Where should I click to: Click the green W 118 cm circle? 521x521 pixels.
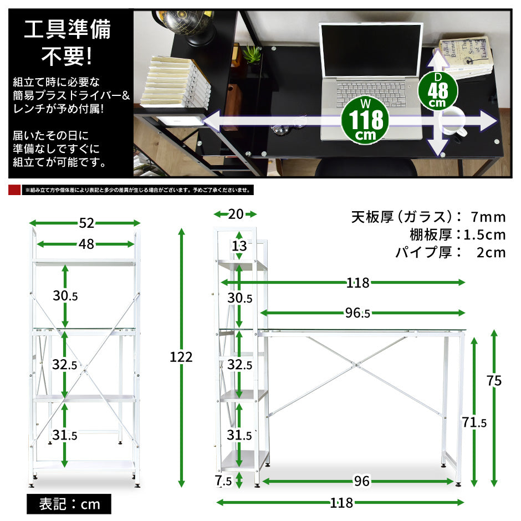[x=365, y=120]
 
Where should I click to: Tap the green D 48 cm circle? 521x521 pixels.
[x=438, y=91]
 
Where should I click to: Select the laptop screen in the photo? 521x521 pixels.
[x=371, y=50]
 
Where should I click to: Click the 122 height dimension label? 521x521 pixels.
[x=181, y=357]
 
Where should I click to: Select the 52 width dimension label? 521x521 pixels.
[x=86, y=223]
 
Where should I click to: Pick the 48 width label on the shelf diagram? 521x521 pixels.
[x=86, y=244]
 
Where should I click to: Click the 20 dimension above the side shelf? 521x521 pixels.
[x=236, y=214]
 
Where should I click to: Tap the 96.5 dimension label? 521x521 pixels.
[x=357, y=313]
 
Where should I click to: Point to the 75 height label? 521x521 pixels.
[x=494, y=381]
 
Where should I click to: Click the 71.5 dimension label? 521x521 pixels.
[x=474, y=423]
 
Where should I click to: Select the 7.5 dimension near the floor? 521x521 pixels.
[x=223, y=481]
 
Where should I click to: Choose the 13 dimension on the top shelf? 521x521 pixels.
[x=239, y=246]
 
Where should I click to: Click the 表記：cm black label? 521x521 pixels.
[x=69, y=504]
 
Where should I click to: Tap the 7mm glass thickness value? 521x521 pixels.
[x=488, y=217]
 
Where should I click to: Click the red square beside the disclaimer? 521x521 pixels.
[x=14, y=190]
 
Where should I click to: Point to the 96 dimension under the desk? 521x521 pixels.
[x=361, y=481]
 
